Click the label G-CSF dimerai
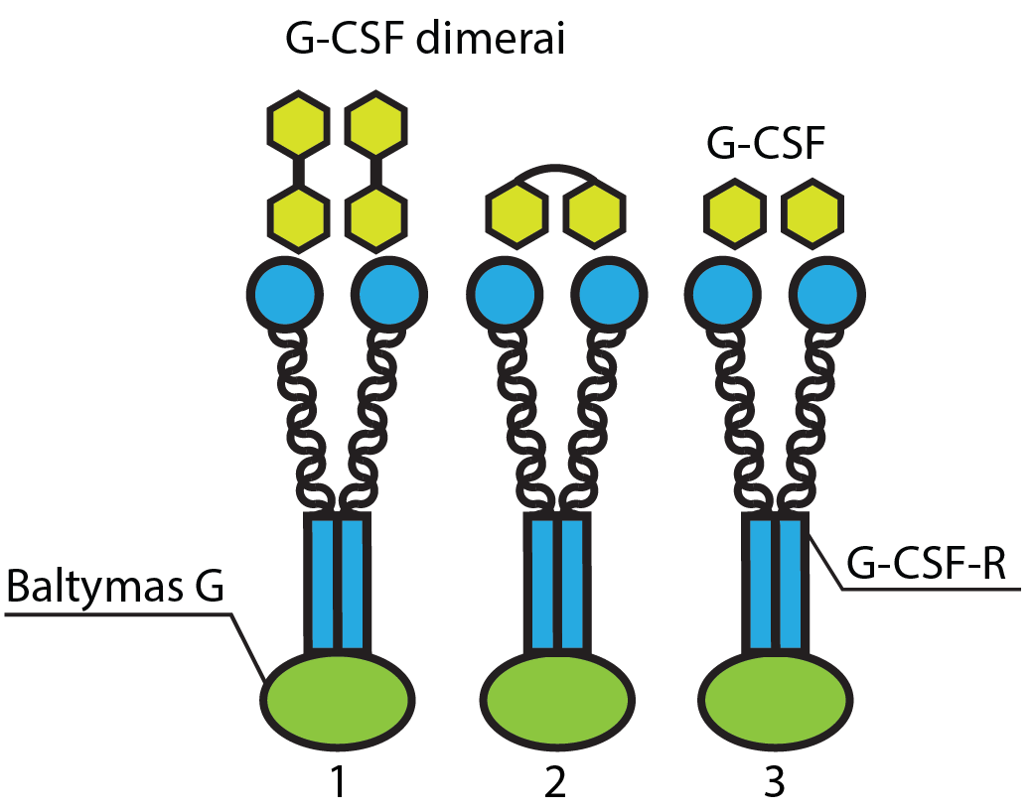[425, 43]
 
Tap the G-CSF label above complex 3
[765, 145]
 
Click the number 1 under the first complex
[338, 783]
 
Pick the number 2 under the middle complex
[554, 783]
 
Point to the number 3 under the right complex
[774, 783]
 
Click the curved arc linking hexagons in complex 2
[554, 171]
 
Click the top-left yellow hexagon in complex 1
[296, 126]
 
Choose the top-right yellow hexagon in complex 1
[375, 126]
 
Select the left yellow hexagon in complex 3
[735, 213]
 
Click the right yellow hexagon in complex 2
[594, 213]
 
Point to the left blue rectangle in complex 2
[539, 582]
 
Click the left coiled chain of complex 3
[742, 417]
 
